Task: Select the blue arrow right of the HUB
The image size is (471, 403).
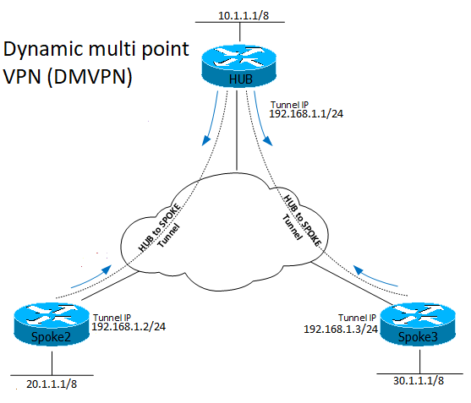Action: (x=266, y=126)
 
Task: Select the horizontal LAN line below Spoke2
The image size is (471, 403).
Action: (x=51, y=373)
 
